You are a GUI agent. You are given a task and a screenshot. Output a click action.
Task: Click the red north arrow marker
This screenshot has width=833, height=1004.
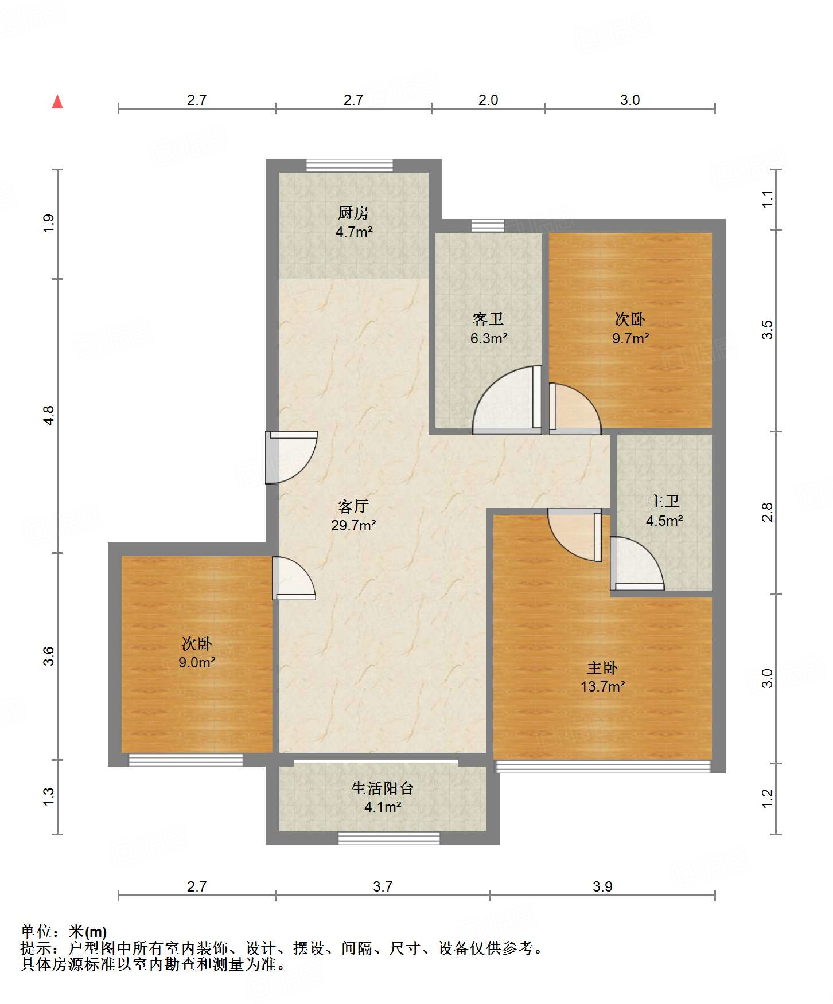click(57, 101)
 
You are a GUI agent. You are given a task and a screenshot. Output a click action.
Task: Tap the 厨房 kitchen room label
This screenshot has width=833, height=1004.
click(353, 213)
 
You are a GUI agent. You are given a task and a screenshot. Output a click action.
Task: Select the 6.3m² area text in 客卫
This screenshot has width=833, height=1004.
click(489, 338)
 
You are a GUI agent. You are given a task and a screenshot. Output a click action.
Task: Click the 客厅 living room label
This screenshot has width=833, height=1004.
click(353, 506)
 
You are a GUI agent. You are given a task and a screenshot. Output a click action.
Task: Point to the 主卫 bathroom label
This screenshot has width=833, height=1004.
click(664, 502)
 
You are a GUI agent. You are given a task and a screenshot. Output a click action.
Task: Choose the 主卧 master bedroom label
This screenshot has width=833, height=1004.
click(602, 667)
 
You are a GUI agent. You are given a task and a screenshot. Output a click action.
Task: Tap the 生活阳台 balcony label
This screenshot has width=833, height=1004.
click(383, 788)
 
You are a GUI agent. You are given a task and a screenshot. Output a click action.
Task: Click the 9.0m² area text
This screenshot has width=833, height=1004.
click(197, 662)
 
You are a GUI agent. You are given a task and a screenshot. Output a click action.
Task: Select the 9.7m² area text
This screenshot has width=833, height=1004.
click(630, 338)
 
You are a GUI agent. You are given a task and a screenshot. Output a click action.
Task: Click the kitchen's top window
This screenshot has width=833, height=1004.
click(350, 166)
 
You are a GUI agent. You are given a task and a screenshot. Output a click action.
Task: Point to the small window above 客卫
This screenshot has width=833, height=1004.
click(488, 225)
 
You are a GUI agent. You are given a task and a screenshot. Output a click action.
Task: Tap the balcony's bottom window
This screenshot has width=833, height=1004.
click(389, 838)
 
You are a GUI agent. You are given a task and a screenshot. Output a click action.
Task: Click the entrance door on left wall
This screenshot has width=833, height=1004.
click(291, 458)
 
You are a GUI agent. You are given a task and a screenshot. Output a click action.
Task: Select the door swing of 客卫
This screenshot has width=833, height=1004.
click(507, 400)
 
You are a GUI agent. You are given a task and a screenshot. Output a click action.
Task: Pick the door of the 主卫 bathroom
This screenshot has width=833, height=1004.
click(637, 564)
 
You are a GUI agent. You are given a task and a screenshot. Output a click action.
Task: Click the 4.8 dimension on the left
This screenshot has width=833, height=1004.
click(49, 415)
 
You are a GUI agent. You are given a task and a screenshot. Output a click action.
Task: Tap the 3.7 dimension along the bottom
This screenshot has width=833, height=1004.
click(383, 886)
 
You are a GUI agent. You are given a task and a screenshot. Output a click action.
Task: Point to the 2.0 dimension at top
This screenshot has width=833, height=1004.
click(488, 100)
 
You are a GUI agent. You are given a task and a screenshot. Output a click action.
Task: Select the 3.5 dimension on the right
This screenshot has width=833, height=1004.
click(768, 330)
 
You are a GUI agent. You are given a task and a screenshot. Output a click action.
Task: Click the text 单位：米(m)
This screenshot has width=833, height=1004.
click(64, 932)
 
